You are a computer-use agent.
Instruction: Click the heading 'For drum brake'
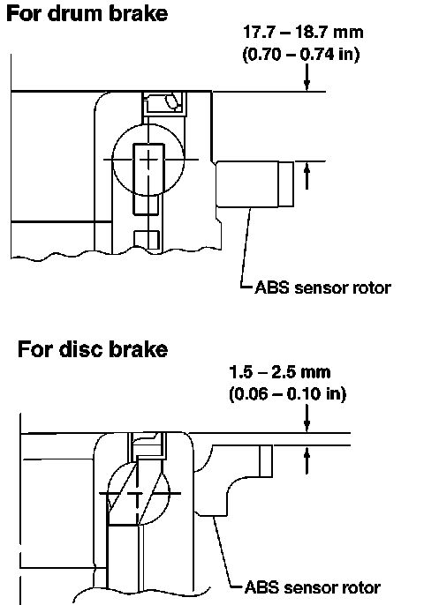pyautogui.click(x=87, y=13)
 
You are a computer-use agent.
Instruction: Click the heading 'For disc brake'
pyautogui.click(x=93, y=349)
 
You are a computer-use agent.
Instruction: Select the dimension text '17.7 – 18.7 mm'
pyautogui.click(x=303, y=32)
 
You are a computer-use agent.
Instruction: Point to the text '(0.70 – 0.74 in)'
pyautogui.click(x=301, y=54)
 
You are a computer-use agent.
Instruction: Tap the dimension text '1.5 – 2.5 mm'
pyautogui.click(x=280, y=372)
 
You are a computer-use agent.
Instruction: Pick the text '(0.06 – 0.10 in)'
pyautogui.click(x=288, y=394)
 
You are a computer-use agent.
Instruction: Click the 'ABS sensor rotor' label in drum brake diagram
pyautogui.click(x=322, y=288)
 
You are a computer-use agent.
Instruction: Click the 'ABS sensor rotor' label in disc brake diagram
pyautogui.click(x=313, y=587)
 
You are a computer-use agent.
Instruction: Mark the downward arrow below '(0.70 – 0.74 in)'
pyautogui.click(x=307, y=78)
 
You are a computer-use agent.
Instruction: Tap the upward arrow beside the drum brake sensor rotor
pyautogui.click(x=307, y=176)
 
